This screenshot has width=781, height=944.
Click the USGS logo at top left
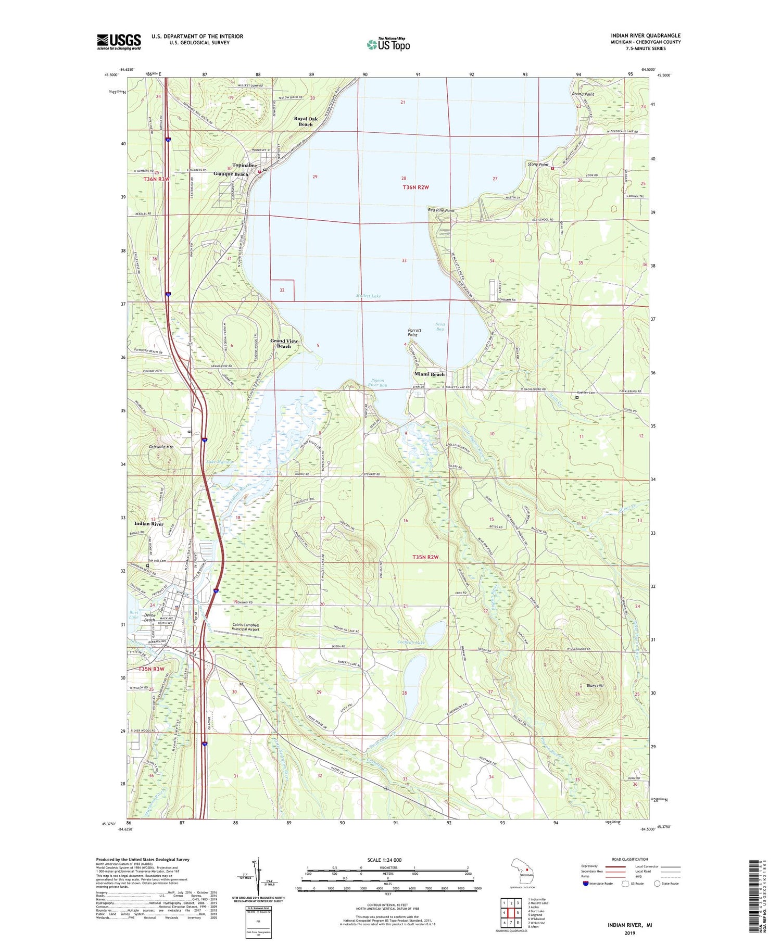[x=119, y=42]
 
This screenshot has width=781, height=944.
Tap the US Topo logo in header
[x=388, y=44]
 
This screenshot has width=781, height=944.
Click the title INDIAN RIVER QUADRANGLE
[x=646, y=35]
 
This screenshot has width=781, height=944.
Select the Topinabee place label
[x=244, y=165]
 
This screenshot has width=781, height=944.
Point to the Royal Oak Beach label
[x=306, y=121]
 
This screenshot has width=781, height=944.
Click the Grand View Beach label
[x=284, y=343]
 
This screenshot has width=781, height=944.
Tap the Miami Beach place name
[x=430, y=374]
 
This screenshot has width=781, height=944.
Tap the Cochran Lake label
[x=411, y=643]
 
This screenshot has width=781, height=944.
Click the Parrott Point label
[x=414, y=332]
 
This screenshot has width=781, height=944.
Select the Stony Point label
[x=538, y=165]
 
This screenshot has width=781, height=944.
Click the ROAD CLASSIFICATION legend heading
[x=630, y=859]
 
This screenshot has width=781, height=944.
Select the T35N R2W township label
[x=425, y=557]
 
